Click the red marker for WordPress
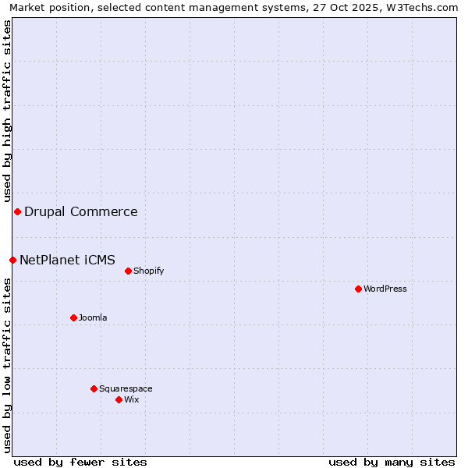pos(358,289)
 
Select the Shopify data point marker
pos(128,271)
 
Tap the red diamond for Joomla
pos(73,317)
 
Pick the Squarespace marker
pos(94,388)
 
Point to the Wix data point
pos(119,399)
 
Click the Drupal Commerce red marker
pos(17,211)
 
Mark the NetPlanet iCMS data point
pos(12,260)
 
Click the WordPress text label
pos(385,289)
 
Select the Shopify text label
pos(148,271)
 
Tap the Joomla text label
pos(93,317)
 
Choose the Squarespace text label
pos(126,388)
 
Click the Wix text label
pos(131,399)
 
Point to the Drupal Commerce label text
pos(80,211)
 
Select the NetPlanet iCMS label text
pos(67,260)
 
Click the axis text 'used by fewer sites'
pos(80,462)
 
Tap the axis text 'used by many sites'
pos(392,462)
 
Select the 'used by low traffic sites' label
pos(7,366)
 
